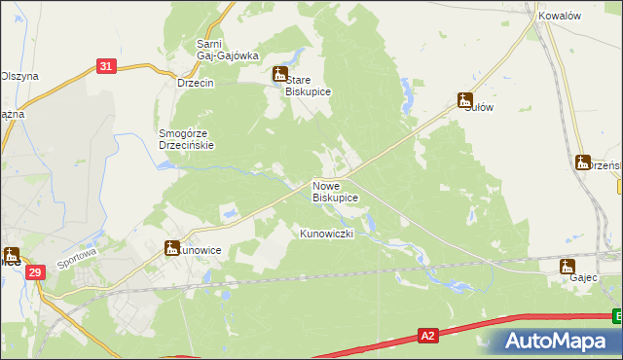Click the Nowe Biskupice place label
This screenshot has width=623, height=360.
(335, 191)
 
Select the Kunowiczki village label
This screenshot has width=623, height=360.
(332, 234)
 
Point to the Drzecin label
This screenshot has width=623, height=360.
(195, 84)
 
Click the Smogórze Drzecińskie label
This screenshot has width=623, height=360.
(186, 138)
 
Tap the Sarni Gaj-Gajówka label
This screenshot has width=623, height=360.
(227, 50)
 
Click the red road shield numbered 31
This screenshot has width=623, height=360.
(107, 66)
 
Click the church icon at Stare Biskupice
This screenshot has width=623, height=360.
(279, 74)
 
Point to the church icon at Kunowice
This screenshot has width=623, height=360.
(171, 248)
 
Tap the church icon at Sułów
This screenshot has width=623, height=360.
(465, 99)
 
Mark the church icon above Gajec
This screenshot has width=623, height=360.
(568, 266)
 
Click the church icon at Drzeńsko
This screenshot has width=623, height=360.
(582, 162)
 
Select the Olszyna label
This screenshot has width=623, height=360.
(18, 76)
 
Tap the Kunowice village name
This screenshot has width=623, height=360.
(200, 251)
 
